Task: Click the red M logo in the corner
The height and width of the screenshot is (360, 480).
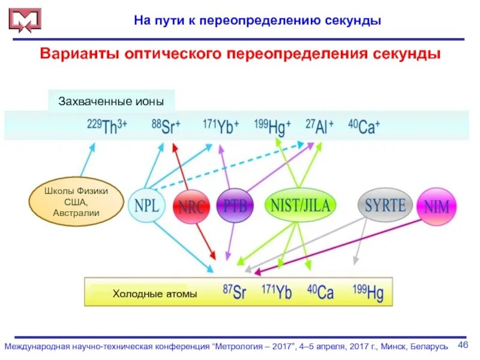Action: [25, 20]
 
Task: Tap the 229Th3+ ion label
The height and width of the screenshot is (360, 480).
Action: [107, 127]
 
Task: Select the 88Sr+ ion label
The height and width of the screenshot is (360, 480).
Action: [166, 127]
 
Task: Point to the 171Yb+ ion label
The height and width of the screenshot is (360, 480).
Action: [221, 127]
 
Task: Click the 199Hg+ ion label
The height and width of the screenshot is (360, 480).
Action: [272, 127]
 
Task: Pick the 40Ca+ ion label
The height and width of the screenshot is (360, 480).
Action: [364, 127]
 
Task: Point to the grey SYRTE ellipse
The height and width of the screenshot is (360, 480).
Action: [385, 205]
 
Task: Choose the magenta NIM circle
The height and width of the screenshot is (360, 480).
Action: [436, 207]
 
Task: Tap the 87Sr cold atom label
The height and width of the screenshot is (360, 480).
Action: [235, 292]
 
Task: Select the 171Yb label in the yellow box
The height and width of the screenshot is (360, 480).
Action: [277, 292]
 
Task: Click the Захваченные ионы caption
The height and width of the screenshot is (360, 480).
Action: [111, 101]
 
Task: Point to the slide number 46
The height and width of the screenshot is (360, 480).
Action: [463, 344]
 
